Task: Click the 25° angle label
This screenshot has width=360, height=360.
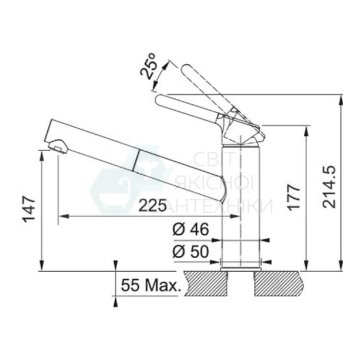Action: tap(148, 67)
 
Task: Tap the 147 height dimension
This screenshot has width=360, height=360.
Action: tap(29, 209)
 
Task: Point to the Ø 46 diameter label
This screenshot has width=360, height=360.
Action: tap(191, 229)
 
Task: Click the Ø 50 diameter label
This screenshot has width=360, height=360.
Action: tap(191, 252)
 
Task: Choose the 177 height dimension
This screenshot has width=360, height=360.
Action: tap(294, 197)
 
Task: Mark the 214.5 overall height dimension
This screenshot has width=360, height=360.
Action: tap(329, 187)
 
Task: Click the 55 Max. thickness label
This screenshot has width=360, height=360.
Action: tap(151, 285)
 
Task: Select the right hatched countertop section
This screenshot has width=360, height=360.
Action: tap(278, 284)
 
